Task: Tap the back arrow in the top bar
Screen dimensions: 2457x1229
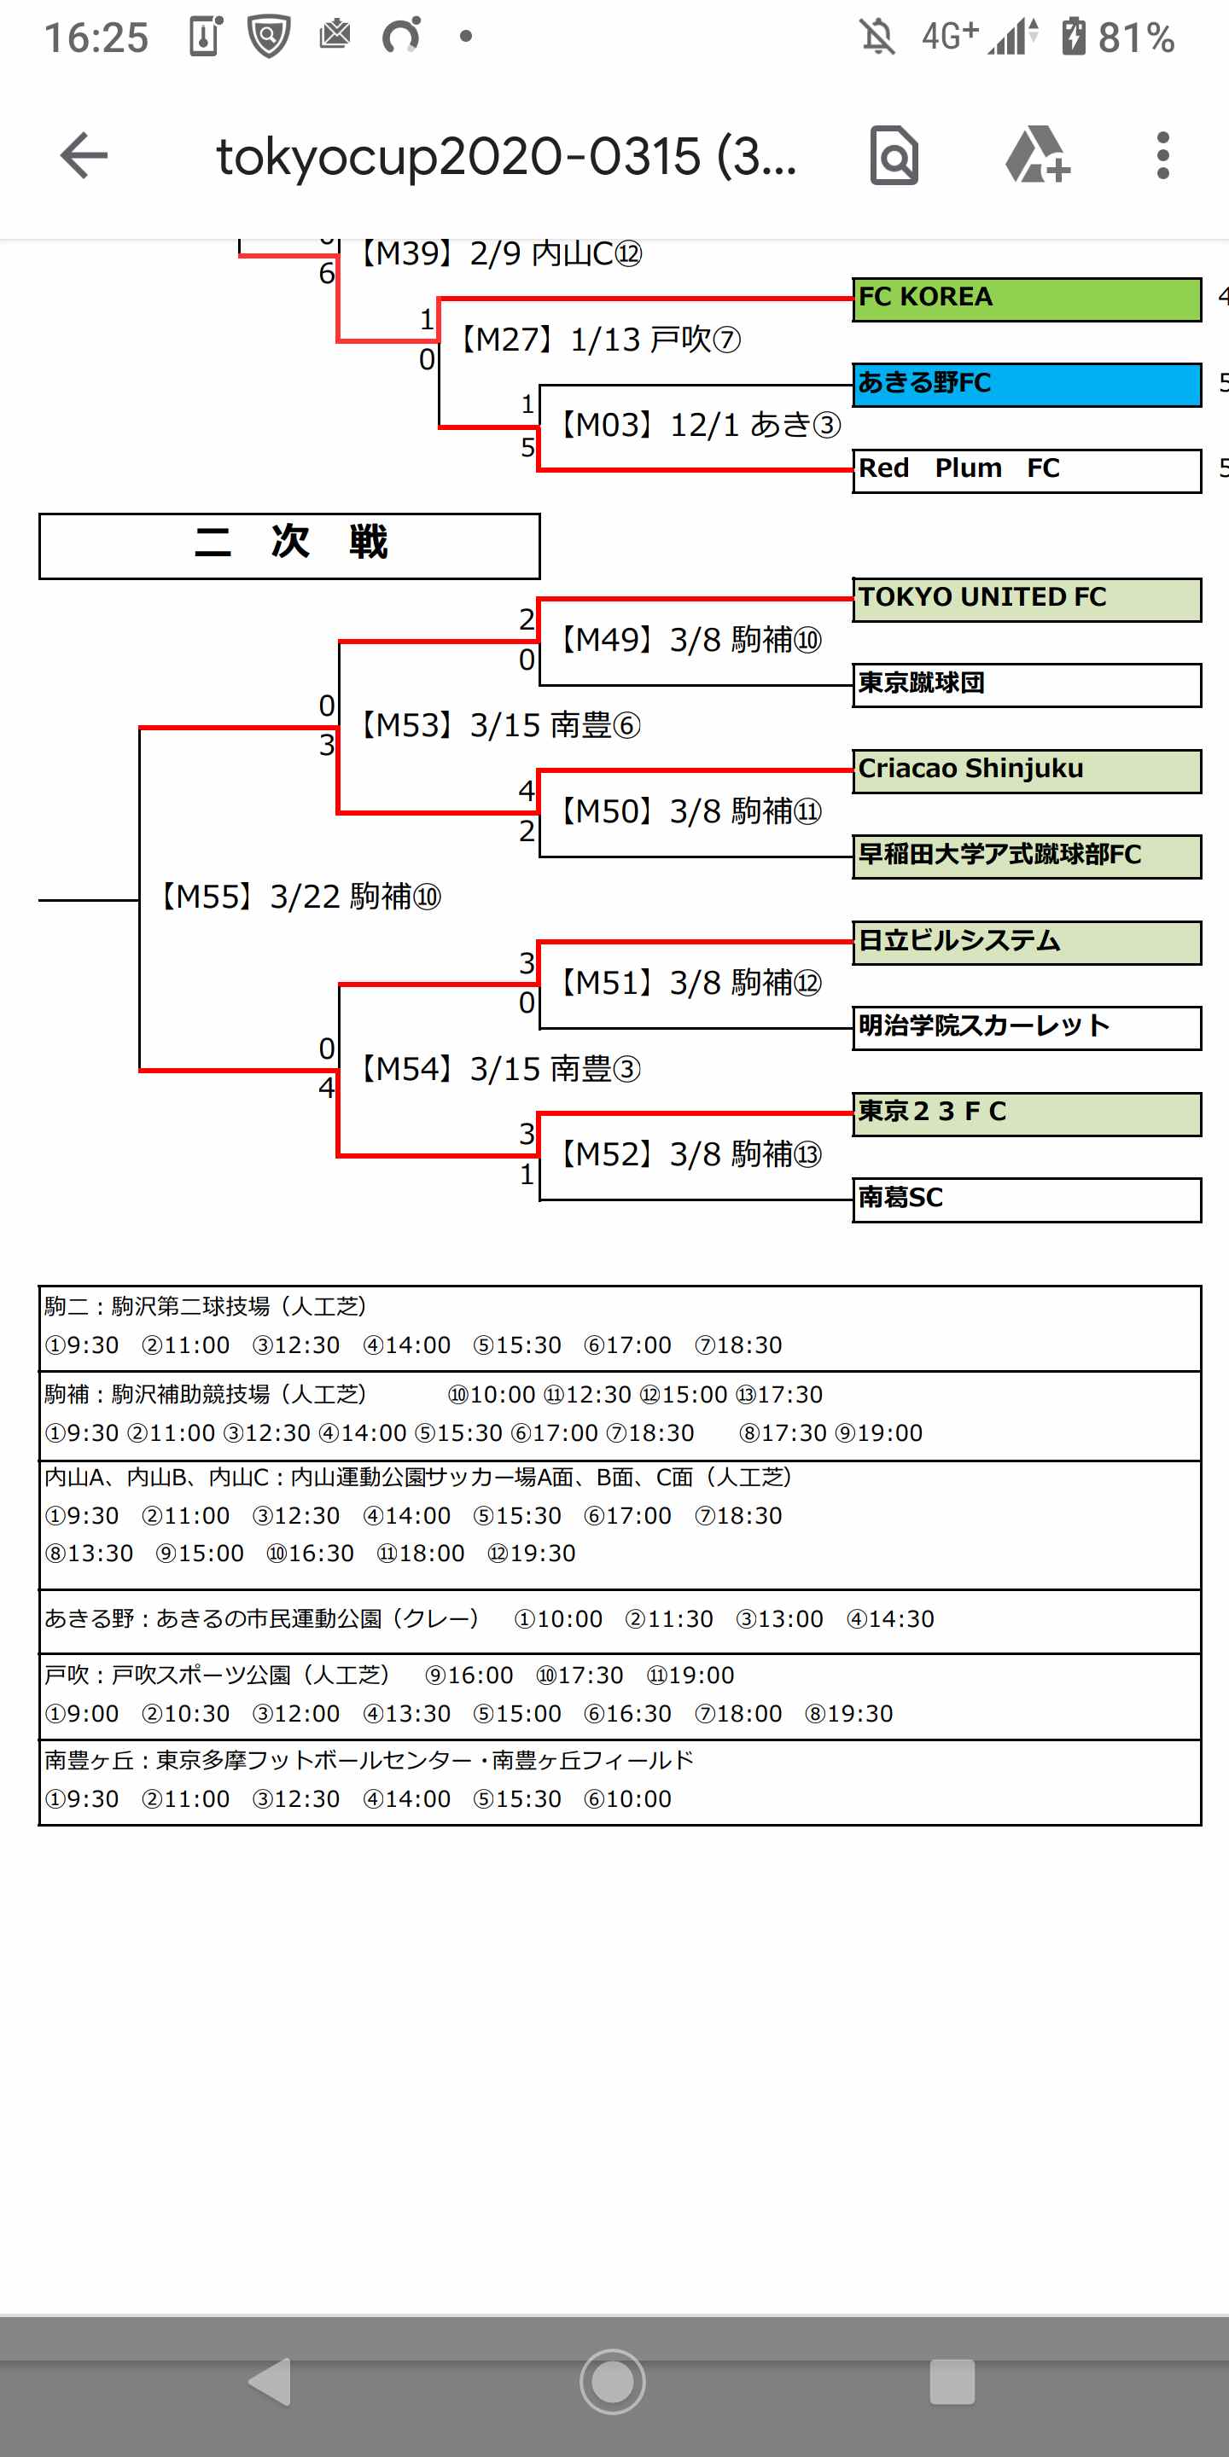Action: [84, 155]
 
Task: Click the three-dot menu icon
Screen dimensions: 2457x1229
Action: [1162, 155]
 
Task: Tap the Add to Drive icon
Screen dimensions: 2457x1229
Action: [1037, 155]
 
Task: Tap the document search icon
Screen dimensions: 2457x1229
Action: [894, 155]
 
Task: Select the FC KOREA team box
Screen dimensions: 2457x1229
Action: [1026, 299]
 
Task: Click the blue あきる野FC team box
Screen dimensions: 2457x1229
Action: [1026, 385]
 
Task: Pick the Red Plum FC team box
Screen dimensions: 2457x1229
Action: [1026, 470]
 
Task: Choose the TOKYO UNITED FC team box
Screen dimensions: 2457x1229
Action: [1026, 599]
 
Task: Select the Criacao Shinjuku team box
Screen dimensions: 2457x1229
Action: [1026, 770]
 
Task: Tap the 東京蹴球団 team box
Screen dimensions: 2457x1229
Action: [1026, 685]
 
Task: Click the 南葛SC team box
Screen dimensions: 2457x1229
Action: [1026, 1199]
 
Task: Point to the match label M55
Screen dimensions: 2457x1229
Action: [299, 897]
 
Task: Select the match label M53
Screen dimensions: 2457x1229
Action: [499, 725]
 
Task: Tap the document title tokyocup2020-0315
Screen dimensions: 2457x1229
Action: [506, 155]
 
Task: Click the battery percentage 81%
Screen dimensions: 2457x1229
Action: [1135, 38]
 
